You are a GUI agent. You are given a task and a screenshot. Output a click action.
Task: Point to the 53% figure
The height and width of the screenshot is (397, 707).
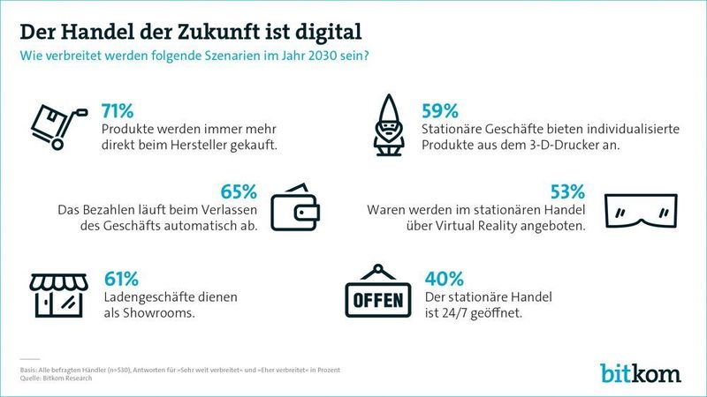[x=566, y=191]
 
